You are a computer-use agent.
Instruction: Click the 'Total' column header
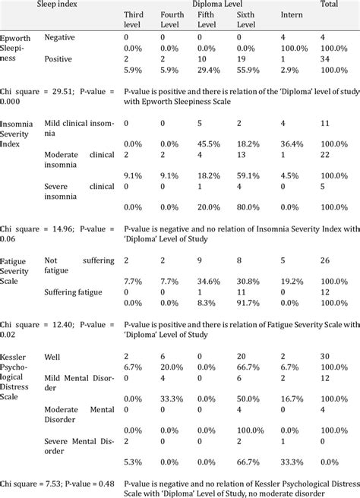pos(330,5)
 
